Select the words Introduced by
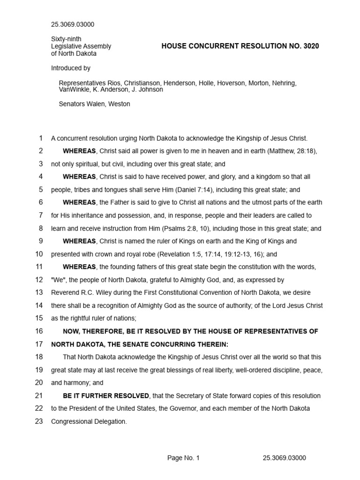click(71, 68)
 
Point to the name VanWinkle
click(74, 90)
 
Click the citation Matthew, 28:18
click(292, 151)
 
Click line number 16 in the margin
click(38, 331)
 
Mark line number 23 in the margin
click(38, 408)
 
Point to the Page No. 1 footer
click(183, 458)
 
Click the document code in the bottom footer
click(285, 458)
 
